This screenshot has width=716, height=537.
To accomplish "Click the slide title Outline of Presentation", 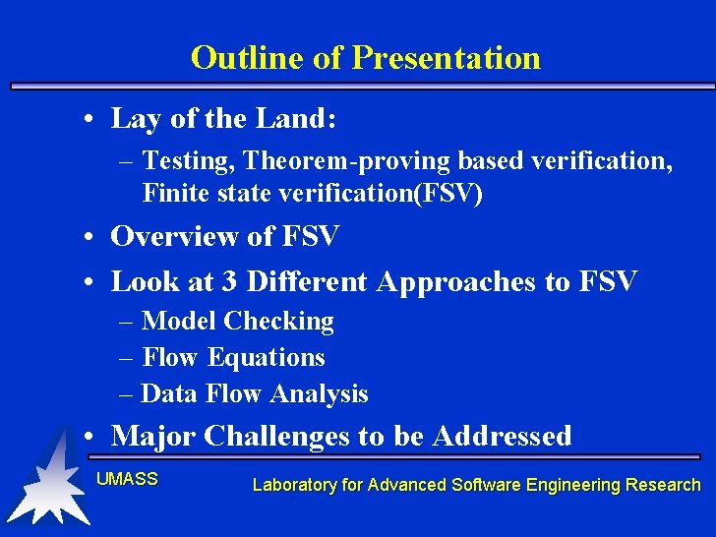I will pos(365,57).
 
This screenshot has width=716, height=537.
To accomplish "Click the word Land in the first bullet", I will pos(289,120).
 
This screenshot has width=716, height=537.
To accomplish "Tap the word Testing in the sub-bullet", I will pos(186,159).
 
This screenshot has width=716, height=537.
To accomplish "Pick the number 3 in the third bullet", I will pos(229,282).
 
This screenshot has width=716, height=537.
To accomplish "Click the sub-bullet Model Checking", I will pos(237,321).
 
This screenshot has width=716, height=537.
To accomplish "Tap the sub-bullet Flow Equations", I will pos(233,357).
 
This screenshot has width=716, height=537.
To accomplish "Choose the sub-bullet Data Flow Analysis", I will pos(254,394).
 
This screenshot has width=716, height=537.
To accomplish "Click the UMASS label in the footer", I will pos(126,479).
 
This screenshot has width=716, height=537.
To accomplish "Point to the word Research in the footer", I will pos(669,485).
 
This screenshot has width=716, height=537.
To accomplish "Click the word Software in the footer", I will pos(485,485).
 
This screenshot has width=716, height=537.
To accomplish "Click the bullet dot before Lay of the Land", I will pos(89,121).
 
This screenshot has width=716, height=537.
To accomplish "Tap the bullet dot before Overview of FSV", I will pos(89,237).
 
